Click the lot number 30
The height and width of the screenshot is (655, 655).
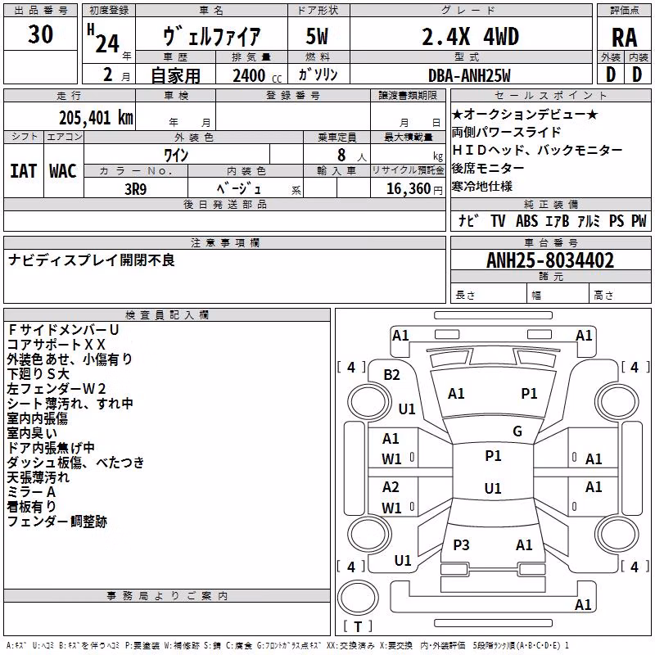click(40, 34)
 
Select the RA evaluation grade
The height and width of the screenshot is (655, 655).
click(625, 38)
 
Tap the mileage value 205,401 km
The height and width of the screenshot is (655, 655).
click(96, 118)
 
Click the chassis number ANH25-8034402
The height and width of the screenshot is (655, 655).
click(550, 260)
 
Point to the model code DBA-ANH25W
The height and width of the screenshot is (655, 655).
click(469, 75)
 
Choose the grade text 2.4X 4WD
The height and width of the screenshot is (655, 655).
click(470, 37)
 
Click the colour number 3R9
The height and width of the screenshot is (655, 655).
click(136, 189)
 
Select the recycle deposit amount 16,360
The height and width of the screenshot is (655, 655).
click(408, 189)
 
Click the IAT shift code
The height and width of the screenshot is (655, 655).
click(24, 171)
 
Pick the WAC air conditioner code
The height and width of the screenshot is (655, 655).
click(63, 171)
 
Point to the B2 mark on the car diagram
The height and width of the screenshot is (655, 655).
click(391, 375)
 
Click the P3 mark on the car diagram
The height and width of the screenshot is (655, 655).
click(461, 544)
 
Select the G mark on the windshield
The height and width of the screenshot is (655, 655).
click(517, 431)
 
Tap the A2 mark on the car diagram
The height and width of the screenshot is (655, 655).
click(391, 487)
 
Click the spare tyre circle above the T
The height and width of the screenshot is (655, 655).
click(358, 598)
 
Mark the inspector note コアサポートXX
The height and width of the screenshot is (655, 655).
click(56, 345)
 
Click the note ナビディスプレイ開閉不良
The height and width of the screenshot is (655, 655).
click(92, 260)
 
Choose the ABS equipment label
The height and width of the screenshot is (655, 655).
click(526, 221)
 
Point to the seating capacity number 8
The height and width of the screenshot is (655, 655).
click(341, 155)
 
